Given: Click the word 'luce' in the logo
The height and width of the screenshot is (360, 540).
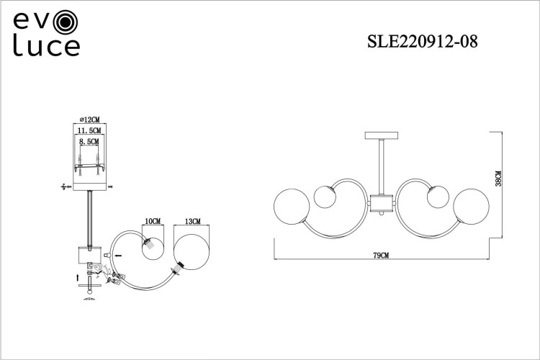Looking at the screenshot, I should point(44,48).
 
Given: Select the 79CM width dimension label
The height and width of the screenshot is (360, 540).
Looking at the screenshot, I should point(381,256).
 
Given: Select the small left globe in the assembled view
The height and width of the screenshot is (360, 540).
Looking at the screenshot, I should point(325,196).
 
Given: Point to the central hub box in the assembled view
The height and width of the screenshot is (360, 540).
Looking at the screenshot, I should point(381,204).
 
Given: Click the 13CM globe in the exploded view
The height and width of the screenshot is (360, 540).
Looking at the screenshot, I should point(192,250).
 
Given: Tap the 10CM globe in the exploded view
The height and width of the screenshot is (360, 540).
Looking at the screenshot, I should point(153,248).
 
